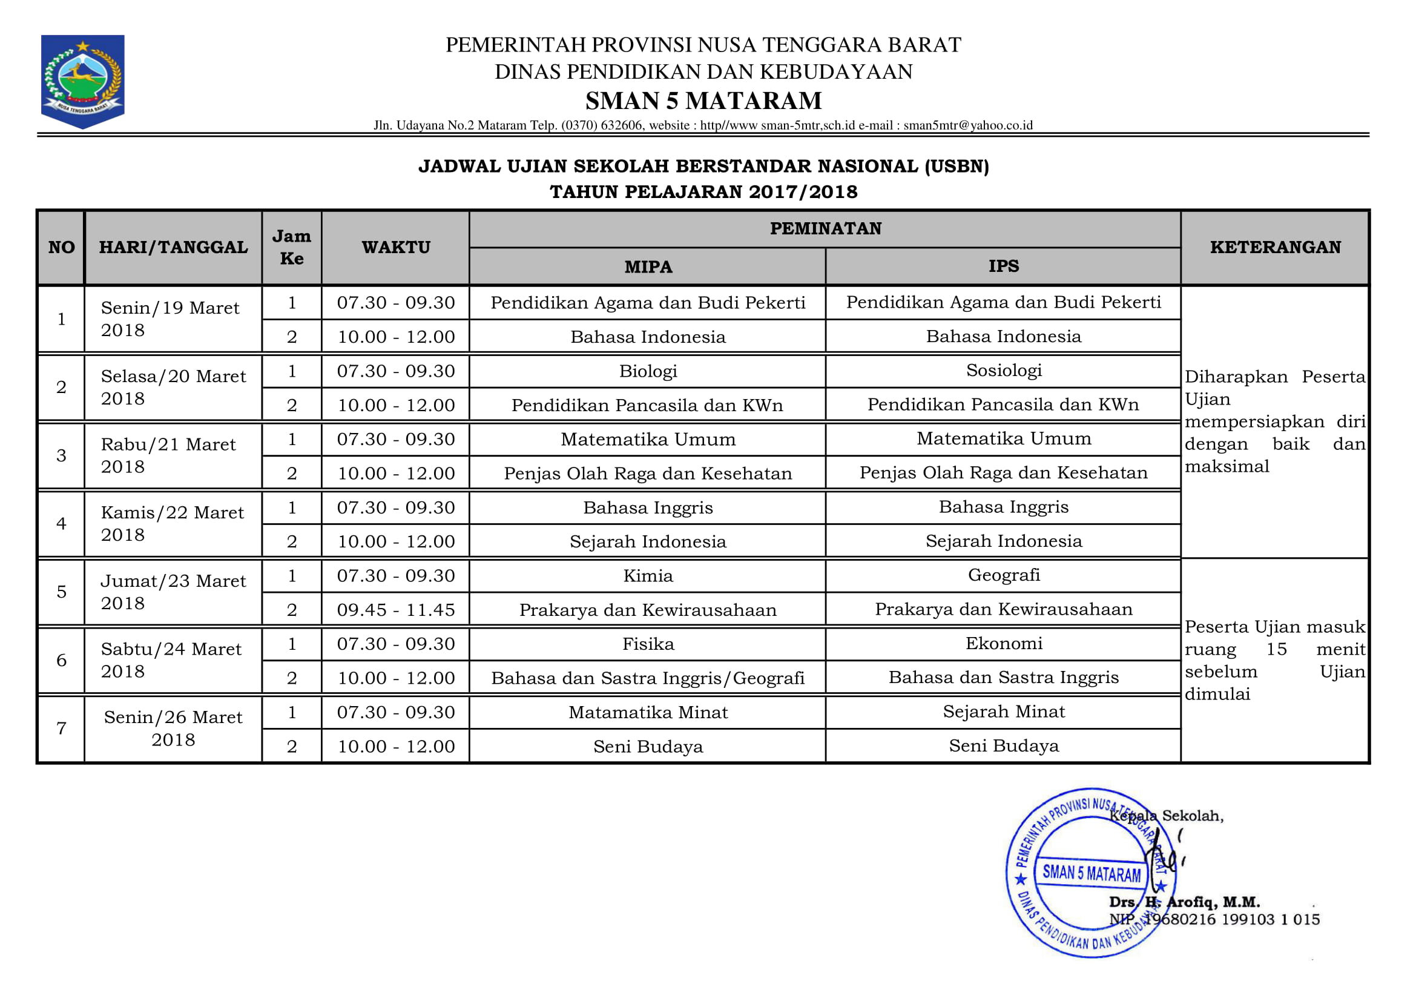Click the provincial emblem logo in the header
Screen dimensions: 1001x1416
[83, 81]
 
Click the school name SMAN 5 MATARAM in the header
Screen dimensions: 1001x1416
[703, 101]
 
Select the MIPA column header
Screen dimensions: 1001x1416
[648, 267]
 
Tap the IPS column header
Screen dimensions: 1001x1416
[1003, 266]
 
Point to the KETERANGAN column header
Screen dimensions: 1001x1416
[1275, 247]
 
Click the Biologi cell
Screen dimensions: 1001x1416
[648, 371]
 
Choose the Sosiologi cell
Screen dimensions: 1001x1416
[1003, 371]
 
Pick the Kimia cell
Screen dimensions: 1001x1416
[648, 576]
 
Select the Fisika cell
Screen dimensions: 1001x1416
[648, 644]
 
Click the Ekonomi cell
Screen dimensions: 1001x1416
[1003, 644]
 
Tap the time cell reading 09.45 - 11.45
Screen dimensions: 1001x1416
[395, 610]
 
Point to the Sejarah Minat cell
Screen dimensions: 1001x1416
[1003, 712]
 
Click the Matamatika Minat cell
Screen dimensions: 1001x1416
[648, 713]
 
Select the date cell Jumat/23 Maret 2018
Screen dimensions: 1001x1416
[173, 592]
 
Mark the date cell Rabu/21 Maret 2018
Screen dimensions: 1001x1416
[168, 456]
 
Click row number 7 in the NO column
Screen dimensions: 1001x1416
[61, 729]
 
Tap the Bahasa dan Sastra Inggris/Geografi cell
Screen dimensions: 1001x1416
[648, 678]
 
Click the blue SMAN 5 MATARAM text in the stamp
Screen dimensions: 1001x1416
[1091, 873]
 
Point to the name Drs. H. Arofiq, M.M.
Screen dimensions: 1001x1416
[1184, 902]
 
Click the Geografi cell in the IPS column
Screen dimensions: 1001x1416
[1003, 575]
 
